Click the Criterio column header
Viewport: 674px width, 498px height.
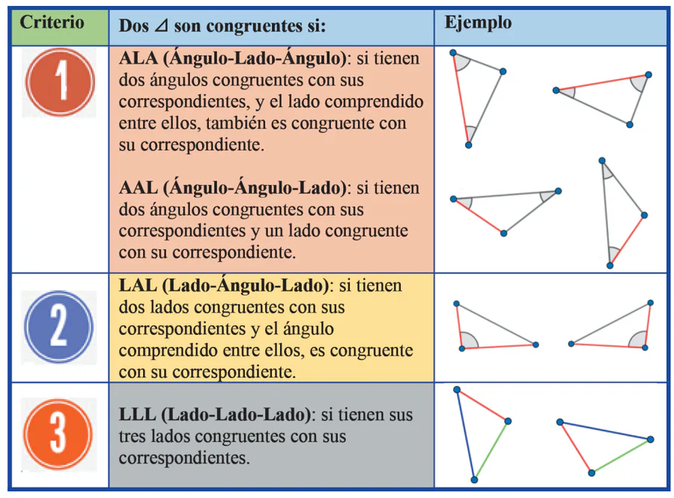(52, 22)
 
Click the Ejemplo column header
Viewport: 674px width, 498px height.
(478, 22)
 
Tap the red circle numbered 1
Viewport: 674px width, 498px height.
(60, 82)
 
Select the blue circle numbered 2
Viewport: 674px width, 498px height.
(58, 327)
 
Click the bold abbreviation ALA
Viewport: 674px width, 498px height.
(137, 58)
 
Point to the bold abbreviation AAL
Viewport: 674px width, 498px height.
(138, 188)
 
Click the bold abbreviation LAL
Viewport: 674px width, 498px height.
(136, 286)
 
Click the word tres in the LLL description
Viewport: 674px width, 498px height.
(132, 436)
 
